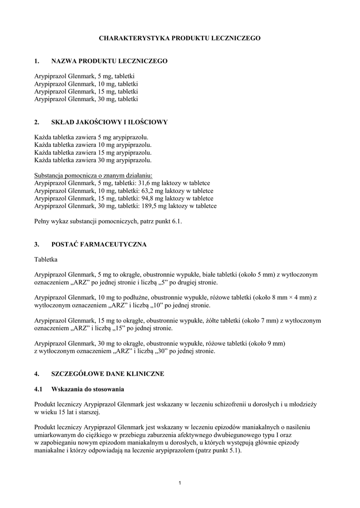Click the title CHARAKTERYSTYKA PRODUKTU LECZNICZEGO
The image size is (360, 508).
tap(179, 38)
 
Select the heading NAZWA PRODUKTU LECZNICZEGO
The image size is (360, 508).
tap(109, 61)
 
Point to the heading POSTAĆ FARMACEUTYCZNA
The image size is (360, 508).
tap(99, 245)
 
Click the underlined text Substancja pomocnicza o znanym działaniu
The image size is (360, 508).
tap(94, 176)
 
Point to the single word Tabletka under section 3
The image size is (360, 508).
tap(46, 259)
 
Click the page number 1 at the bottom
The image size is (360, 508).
tap(180, 484)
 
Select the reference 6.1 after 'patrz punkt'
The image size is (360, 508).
tap(177, 221)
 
